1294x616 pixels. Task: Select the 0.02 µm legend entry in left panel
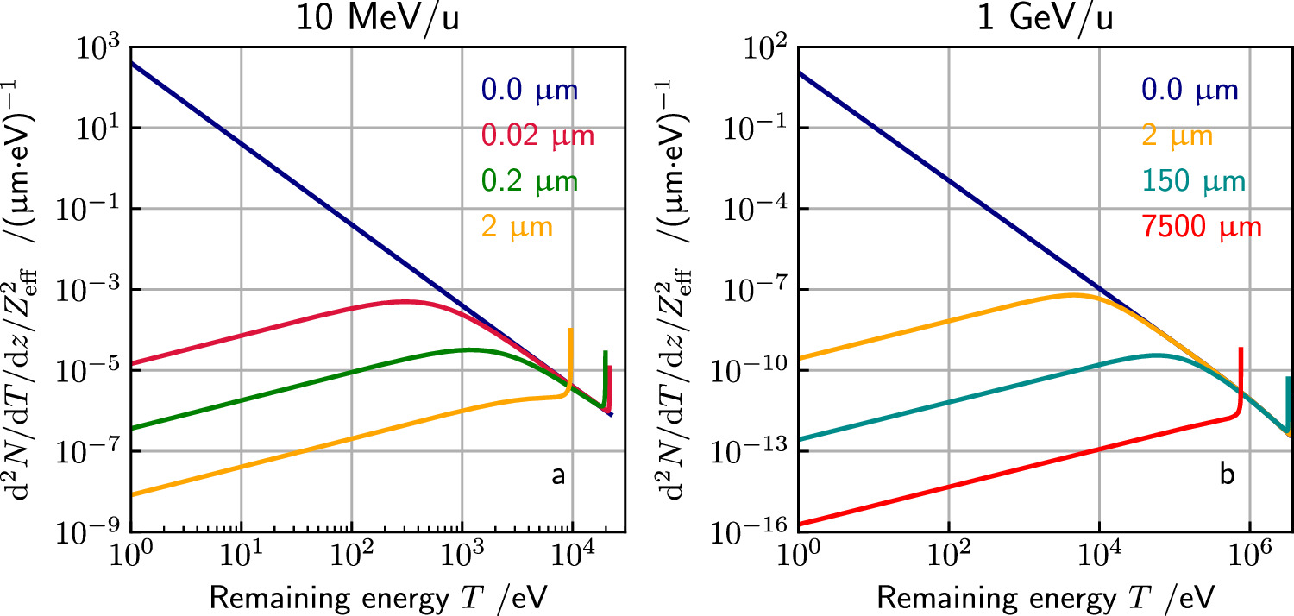click(x=538, y=135)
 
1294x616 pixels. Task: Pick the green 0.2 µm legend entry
click(x=530, y=181)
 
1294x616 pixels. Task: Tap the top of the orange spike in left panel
click(x=570, y=330)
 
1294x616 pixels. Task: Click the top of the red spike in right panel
click(x=1240, y=349)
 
